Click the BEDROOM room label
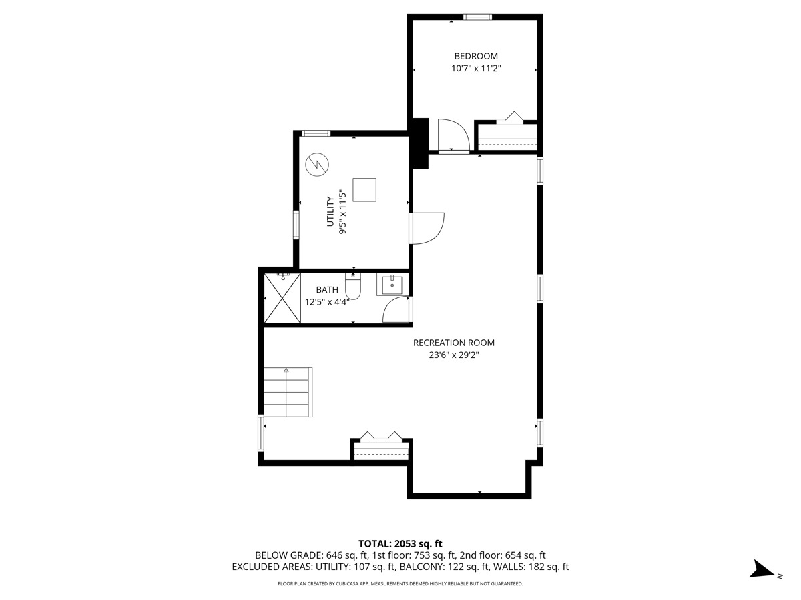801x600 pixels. [475, 57]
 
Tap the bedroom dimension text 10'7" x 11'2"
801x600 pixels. [475, 69]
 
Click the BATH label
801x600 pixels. [327, 290]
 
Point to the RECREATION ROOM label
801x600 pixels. [454, 343]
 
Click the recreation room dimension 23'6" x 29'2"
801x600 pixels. [454, 355]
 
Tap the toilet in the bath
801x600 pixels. [353, 287]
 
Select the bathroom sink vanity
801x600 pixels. [392, 285]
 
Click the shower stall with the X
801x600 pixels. [282, 298]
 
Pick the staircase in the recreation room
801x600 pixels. [288, 392]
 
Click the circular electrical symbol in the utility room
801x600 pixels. [316, 164]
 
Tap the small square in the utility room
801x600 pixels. [364, 190]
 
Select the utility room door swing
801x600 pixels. [427, 228]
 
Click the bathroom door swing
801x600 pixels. [397, 311]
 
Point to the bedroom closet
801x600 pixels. [507, 137]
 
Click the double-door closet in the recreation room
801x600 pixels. [380, 449]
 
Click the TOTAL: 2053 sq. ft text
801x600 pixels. [400, 543]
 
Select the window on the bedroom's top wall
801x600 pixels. [478, 17]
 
